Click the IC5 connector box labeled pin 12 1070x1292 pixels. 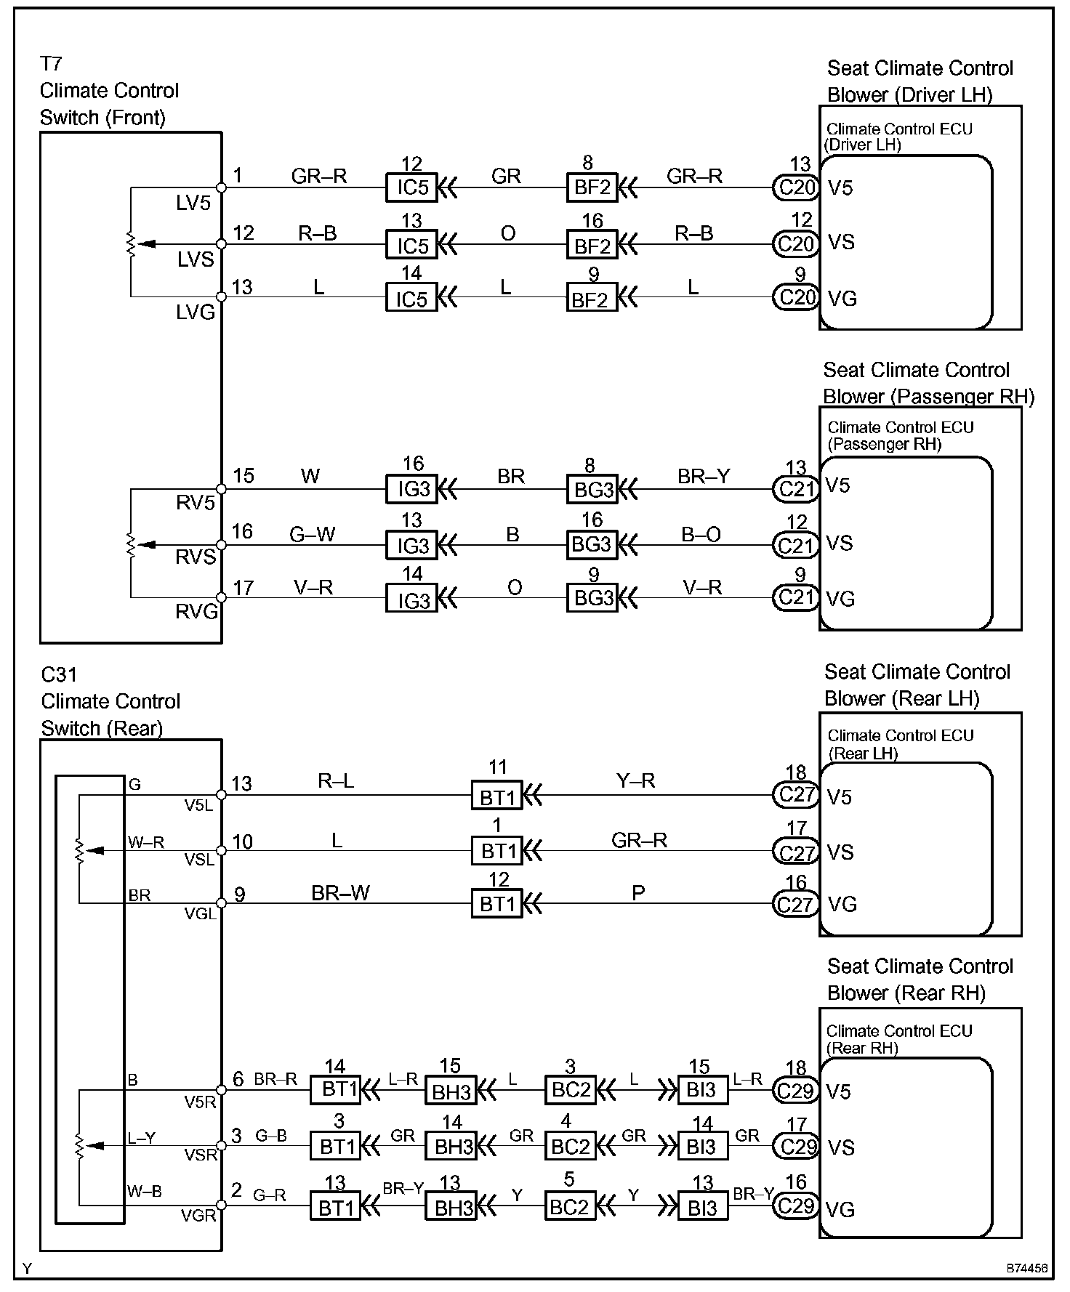point(411,187)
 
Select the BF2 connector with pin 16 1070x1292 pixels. point(592,246)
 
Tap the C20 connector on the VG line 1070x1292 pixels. point(797,298)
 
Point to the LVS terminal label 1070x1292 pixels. point(196,259)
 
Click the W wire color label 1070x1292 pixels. point(310,477)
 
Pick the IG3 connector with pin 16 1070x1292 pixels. point(412,489)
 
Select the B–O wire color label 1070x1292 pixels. point(701,535)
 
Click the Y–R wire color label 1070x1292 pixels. point(635,780)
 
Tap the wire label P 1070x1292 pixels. point(638,893)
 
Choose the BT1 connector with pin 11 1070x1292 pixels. point(497,797)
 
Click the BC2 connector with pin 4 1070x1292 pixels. point(571,1147)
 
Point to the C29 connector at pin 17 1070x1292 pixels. point(796,1147)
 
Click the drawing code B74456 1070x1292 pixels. point(1027,1268)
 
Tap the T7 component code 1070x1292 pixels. point(51,64)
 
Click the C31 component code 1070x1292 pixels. point(58,675)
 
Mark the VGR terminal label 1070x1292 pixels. point(198,1216)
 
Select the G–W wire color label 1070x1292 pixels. point(313,535)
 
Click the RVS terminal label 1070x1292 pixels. point(196,557)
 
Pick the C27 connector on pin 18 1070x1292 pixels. point(797,795)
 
